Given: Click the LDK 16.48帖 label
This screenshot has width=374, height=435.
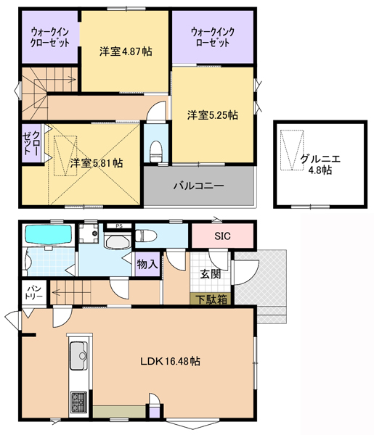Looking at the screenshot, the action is [170, 361].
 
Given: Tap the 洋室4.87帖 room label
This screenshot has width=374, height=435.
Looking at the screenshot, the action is [126, 51].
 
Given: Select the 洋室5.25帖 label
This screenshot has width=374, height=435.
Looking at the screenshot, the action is [213, 115].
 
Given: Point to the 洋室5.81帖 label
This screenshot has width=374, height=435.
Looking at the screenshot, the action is [96, 163].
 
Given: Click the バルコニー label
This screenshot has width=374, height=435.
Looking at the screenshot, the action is [199, 186].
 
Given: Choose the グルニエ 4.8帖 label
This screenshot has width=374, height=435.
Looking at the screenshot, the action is [320, 165].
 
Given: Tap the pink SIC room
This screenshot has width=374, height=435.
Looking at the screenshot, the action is [222, 236].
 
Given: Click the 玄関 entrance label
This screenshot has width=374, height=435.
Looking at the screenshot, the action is [211, 274].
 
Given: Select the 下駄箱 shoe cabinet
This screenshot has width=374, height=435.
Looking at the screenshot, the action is [211, 299].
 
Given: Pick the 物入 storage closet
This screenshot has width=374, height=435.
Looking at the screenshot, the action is [147, 264].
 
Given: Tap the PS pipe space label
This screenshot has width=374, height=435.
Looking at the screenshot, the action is [119, 225].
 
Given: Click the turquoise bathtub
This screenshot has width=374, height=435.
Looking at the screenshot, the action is [49, 234].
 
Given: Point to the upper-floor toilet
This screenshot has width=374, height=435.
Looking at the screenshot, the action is [155, 152].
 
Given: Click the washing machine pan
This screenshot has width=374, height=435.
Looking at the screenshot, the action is [89, 233].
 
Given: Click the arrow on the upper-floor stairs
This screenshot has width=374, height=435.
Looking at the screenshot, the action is [55, 80].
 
